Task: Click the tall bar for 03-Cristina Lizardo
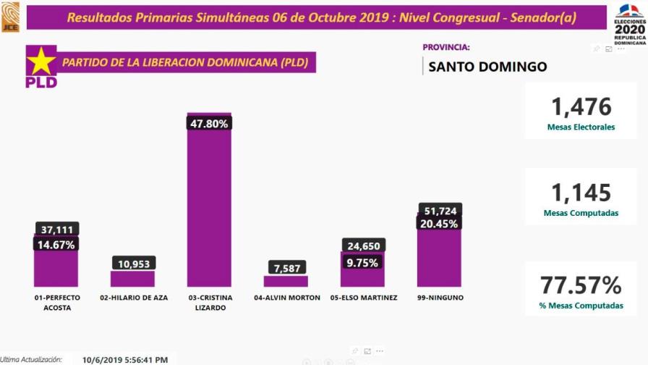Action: [209, 210]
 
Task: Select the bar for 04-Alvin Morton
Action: [286, 281]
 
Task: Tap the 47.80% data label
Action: [209, 124]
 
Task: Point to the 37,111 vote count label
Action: [57, 229]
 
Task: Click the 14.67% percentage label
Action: [57, 245]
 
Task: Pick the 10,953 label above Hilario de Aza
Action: [132, 263]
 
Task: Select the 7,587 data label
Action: [286, 267]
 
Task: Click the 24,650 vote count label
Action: [362, 246]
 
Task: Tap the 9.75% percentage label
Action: [362, 262]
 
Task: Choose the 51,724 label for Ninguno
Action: [440, 211]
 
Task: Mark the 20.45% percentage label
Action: [440, 224]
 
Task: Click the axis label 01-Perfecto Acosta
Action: [57, 302]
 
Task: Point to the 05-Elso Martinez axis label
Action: [362, 298]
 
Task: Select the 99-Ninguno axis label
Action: [440, 298]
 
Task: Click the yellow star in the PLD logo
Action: [41, 61]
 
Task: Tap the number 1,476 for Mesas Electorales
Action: [581, 106]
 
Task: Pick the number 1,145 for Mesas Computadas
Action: [581, 193]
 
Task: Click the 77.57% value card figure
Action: [581, 285]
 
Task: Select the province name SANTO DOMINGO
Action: [487, 67]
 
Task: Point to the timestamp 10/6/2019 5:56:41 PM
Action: [125, 358]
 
